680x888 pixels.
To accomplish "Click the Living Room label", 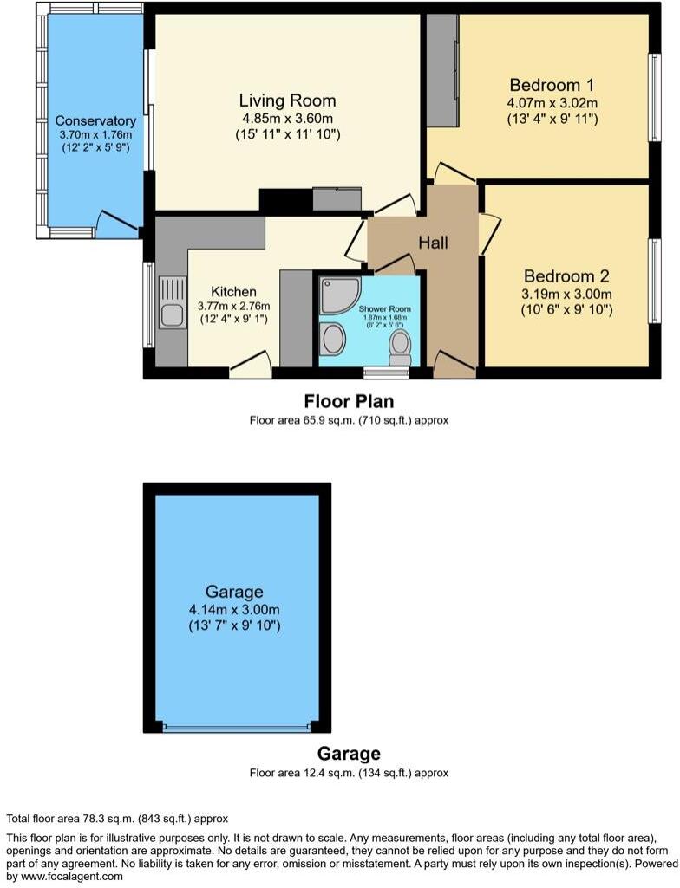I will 287,100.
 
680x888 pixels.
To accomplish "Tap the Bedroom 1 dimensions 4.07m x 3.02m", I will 552,102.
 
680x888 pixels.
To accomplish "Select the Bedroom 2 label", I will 566,276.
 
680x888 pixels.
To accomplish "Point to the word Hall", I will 433,243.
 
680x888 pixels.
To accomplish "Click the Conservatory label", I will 95,120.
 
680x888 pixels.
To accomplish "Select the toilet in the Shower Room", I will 400,347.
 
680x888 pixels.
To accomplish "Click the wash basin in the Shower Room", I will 331,340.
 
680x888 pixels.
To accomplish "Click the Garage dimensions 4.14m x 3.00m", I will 235,609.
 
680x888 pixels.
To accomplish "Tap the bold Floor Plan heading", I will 349,402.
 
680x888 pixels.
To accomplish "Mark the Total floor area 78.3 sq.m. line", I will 117,819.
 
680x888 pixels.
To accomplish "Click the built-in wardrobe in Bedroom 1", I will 442,71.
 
